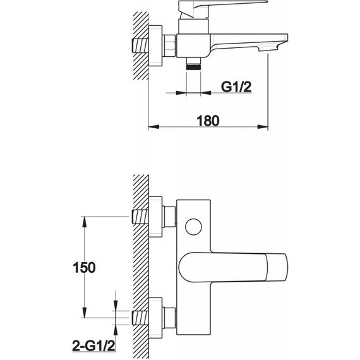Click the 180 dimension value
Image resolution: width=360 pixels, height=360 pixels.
click(x=208, y=121)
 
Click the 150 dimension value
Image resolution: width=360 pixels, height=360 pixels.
click(x=84, y=268)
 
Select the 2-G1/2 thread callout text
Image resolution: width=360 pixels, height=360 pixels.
click(x=93, y=345)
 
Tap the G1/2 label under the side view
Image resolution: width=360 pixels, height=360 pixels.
click(x=236, y=87)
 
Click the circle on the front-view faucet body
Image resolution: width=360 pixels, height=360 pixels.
click(x=193, y=227)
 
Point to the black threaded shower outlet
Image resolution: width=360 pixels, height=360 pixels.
click(x=193, y=67)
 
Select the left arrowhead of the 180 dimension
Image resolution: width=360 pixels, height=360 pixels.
click(x=154, y=127)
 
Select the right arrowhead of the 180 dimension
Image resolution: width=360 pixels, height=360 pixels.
click(x=263, y=127)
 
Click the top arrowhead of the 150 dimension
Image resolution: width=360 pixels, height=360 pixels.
click(x=85, y=222)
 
